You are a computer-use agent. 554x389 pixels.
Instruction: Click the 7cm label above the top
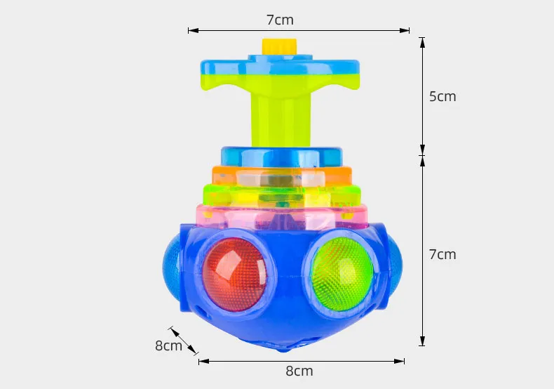[279, 20]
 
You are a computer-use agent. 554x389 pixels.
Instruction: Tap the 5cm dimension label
[442, 97]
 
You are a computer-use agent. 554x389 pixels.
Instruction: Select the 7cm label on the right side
[442, 254]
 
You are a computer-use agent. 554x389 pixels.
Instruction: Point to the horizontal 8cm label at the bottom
[299, 371]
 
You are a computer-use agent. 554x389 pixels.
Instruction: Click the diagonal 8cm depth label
[168, 345]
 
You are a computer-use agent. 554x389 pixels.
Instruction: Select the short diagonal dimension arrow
[183, 340]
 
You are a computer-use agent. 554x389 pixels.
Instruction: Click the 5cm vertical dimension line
[422, 97]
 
